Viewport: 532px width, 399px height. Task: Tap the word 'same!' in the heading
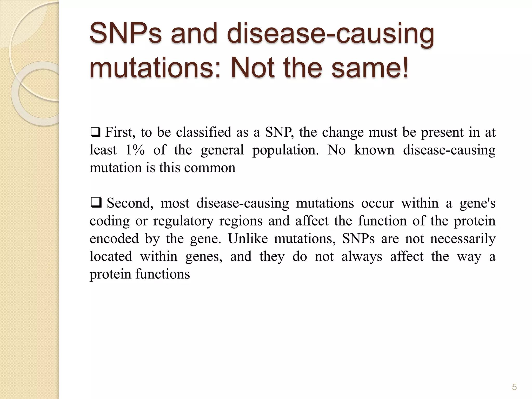[x=370, y=68]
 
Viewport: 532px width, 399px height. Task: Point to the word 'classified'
[x=204, y=132]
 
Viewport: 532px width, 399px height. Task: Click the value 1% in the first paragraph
[x=135, y=150]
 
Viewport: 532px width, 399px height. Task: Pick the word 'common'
[x=210, y=168]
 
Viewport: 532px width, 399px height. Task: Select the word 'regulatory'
[x=183, y=221]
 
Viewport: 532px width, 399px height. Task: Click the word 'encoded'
[x=114, y=238]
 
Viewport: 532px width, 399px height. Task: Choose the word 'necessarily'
[x=463, y=239]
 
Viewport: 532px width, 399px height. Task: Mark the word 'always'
[x=362, y=256]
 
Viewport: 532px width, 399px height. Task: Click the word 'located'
[x=111, y=256]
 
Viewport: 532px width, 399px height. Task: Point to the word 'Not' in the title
[x=252, y=68]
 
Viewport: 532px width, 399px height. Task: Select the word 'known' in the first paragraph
[x=374, y=150]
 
